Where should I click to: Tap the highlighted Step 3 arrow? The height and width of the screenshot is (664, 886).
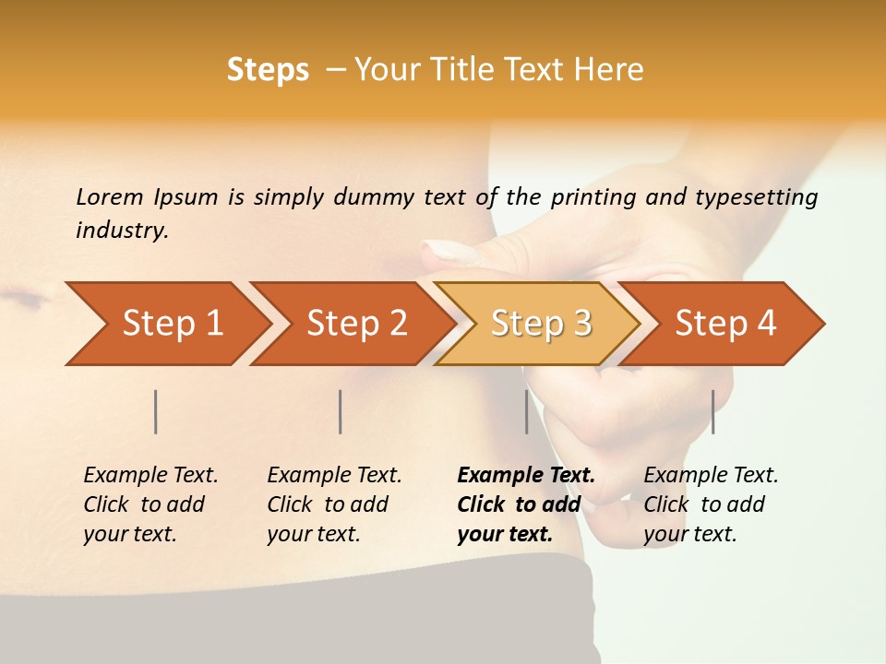pyautogui.click(x=541, y=324)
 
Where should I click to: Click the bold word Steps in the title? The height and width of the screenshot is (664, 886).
pyautogui.click(x=268, y=70)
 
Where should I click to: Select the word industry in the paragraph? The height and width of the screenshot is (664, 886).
pyautogui.click(x=121, y=231)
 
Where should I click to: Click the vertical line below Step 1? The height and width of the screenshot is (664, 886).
pyautogui.click(x=156, y=411)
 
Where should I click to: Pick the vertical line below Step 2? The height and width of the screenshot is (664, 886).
pyautogui.click(x=341, y=411)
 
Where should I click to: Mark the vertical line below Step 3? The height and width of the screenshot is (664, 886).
pyautogui.click(x=526, y=411)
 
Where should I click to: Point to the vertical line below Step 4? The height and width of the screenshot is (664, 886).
pyautogui.click(x=712, y=411)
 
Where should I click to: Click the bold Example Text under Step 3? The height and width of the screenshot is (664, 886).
pyautogui.click(x=526, y=476)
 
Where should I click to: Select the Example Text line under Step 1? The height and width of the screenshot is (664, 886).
pyautogui.click(x=150, y=476)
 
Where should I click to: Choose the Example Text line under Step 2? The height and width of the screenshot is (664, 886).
pyautogui.click(x=334, y=476)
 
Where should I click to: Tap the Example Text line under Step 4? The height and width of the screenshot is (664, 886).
pyautogui.click(x=711, y=476)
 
